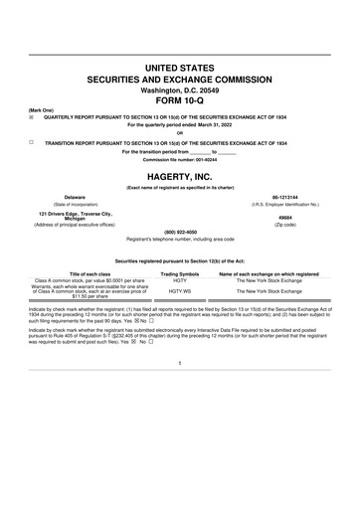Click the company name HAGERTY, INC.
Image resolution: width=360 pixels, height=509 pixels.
(x=179, y=175)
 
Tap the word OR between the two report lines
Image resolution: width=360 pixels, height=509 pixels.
(x=179, y=133)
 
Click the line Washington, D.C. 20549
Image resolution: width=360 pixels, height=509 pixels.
(x=179, y=86)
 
